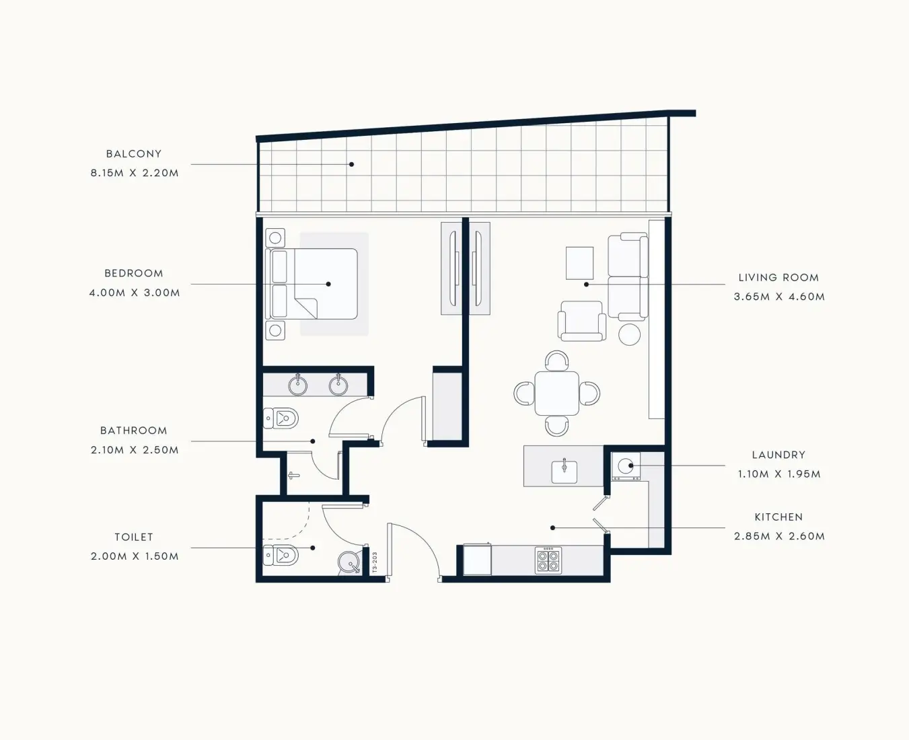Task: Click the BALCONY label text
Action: click(x=134, y=153)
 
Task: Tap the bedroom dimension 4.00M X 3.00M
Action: click(x=135, y=293)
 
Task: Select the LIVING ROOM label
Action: click(x=779, y=277)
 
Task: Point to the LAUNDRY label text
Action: click(x=779, y=455)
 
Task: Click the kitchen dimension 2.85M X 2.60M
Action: click(x=779, y=536)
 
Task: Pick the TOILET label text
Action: click(x=134, y=537)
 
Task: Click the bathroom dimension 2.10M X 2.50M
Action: click(x=135, y=450)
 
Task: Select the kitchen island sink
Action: click(x=565, y=471)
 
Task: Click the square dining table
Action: click(x=557, y=394)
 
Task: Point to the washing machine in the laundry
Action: click(x=626, y=466)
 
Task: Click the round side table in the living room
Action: click(x=630, y=334)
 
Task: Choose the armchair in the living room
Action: click(x=582, y=321)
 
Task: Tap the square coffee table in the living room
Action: click(x=579, y=263)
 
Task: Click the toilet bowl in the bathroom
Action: click(x=281, y=418)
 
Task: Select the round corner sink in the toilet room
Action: click(x=349, y=562)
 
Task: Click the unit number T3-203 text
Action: click(x=375, y=562)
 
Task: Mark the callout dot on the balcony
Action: click(x=351, y=164)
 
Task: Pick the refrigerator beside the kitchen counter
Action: click(x=477, y=560)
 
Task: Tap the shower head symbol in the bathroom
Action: click(x=294, y=475)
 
